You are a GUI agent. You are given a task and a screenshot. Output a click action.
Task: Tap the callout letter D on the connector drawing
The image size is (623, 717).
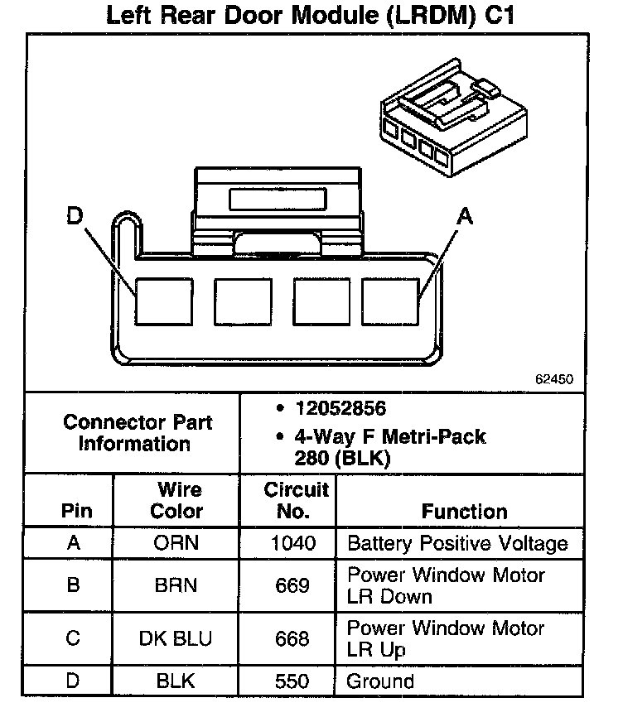pos(75,217)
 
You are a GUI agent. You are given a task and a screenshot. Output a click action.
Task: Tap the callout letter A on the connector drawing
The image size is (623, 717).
pos(465,217)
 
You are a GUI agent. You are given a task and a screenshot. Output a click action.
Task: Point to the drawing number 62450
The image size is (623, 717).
pos(553,380)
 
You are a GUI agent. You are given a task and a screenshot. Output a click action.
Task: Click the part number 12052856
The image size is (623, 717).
pos(340,409)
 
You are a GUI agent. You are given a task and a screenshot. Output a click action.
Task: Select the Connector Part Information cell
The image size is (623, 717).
pos(138,432)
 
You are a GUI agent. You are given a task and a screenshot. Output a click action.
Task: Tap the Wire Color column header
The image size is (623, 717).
pos(176,500)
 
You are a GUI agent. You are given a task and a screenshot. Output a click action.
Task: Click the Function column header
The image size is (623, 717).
pos(464,511)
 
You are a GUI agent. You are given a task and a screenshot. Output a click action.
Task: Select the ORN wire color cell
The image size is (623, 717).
pos(176,544)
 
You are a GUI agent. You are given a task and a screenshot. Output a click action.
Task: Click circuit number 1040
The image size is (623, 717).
pos(293,544)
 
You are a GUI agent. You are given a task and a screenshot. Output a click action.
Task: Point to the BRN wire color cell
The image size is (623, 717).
pos(176,585)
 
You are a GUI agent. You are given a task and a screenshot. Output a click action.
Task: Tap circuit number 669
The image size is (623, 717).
pos(293,585)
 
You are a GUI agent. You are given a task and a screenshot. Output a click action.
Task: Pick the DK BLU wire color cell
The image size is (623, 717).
pos(176,639)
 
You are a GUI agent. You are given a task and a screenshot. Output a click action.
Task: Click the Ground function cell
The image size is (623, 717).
pos(380,681)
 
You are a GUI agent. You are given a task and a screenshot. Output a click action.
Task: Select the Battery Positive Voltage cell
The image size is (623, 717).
pos(457,544)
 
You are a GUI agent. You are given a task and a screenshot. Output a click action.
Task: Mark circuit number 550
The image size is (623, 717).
pos(293,681)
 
